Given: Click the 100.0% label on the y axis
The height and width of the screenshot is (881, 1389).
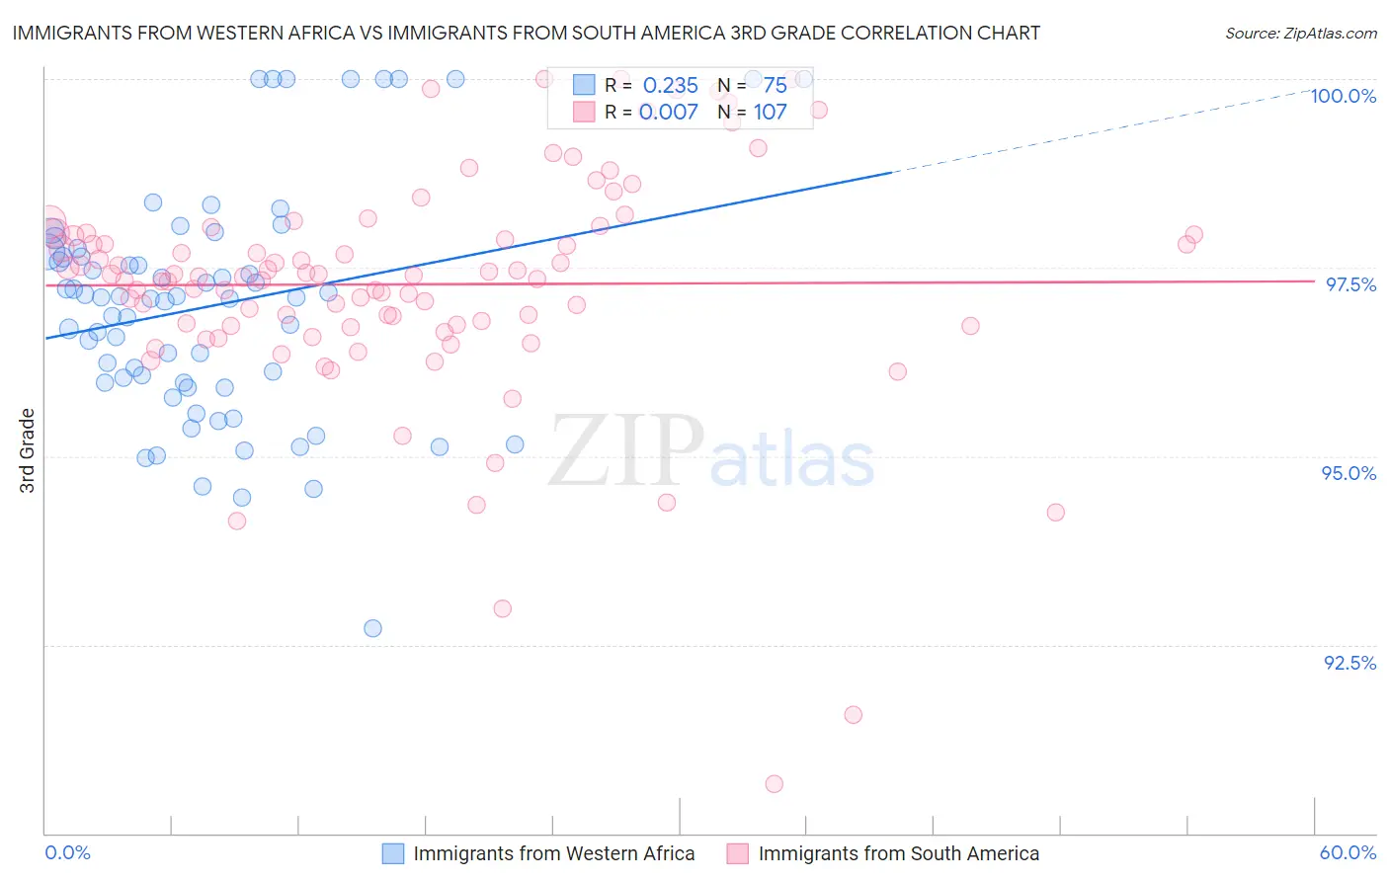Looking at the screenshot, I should pyautogui.click(x=1343, y=96).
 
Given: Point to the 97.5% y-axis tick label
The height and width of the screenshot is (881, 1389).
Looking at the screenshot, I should pyautogui.click(x=1349, y=284).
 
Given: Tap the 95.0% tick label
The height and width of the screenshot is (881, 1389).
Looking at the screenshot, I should pyautogui.click(x=1348, y=473).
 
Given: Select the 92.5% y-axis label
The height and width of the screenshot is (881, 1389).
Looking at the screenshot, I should pyautogui.click(x=1349, y=663).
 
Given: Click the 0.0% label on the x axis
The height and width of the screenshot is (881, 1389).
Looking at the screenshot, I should pyautogui.click(x=67, y=852).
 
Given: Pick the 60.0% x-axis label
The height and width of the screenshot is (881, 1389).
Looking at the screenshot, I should pyautogui.click(x=1348, y=852).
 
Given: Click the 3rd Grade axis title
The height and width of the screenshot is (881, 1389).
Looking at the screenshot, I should pyautogui.click(x=28, y=450).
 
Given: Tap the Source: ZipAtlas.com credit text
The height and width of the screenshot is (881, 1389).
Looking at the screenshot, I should pyautogui.click(x=1300, y=34).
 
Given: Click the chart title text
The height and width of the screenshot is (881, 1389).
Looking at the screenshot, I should pyautogui.click(x=526, y=33).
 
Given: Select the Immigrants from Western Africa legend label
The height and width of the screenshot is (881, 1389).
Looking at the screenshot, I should pyautogui.click(x=553, y=853).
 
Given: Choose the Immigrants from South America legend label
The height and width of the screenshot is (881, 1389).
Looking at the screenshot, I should pyautogui.click(x=898, y=853).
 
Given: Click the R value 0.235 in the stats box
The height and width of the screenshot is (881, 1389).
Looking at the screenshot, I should pyautogui.click(x=670, y=86).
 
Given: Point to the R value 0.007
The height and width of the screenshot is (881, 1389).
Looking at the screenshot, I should pyautogui.click(x=668, y=112).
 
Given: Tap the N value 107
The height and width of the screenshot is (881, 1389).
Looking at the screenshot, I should pyautogui.click(x=770, y=112).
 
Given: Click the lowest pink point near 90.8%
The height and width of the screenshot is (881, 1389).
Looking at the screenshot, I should pyautogui.click(x=775, y=784).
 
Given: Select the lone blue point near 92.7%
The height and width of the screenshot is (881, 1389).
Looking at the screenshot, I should pyautogui.click(x=372, y=628).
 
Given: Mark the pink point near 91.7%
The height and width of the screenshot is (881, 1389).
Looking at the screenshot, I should pyautogui.click(x=854, y=715).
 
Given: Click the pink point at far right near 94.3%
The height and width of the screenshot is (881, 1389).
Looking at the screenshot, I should pyautogui.click(x=1055, y=513).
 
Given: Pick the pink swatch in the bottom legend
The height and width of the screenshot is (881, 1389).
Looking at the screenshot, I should pyautogui.click(x=737, y=853).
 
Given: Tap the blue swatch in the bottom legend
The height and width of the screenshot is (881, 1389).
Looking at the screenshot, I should pyautogui.click(x=393, y=853).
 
